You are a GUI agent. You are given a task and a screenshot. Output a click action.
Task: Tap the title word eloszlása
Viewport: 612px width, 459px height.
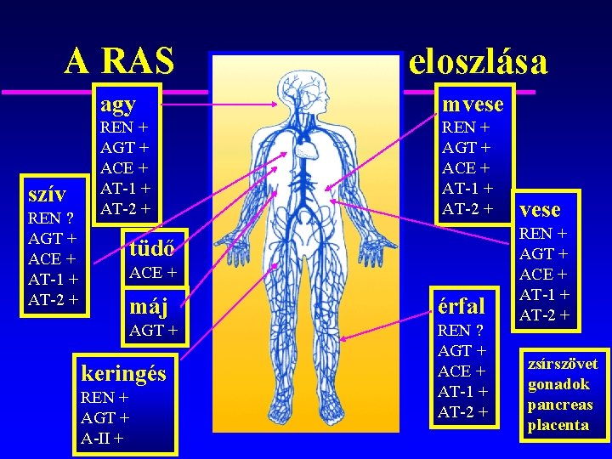(x=479, y=61)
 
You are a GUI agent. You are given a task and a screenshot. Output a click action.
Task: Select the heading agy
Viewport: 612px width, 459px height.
(x=118, y=105)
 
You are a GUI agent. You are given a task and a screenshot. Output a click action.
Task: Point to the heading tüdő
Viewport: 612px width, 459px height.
(x=152, y=248)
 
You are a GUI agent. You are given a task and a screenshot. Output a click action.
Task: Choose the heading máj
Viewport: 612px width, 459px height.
(x=149, y=303)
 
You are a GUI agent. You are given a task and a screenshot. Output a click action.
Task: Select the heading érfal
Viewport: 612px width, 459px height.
(x=462, y=305)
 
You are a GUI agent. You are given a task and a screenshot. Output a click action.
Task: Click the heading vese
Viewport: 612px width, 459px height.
(x=540, y=209)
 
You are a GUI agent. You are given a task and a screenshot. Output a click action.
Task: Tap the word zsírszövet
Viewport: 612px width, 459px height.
(x=563, y=364)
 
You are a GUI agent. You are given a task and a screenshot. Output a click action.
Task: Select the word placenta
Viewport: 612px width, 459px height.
(x=558, y=425)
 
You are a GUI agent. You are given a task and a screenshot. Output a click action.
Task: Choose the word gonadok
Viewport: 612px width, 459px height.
(x=558, y=384)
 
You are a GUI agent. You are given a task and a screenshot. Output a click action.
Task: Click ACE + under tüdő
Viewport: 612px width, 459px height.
(x=153, y=273)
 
